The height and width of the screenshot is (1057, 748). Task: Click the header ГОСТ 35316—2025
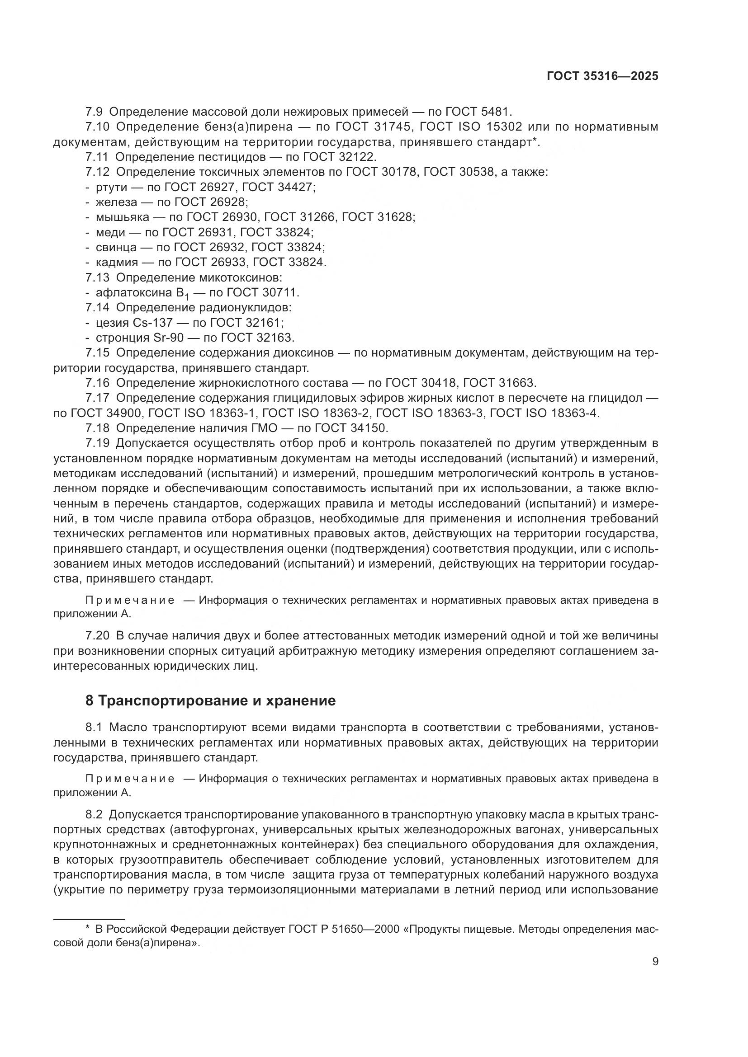pyautogui.click(x=602, y=76)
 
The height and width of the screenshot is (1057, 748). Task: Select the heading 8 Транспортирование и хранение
pyautogui.click(x=210, y=701)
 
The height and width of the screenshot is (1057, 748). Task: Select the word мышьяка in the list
pyautogui.click(x=123, y=217)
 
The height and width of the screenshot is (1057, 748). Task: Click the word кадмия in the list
pyautogui.click(x=117, y=263)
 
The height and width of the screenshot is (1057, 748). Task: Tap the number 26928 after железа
pyautogui.click(x=228, y=202)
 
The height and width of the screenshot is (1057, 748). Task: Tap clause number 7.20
pyautogui.click(x=97, y=636)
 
